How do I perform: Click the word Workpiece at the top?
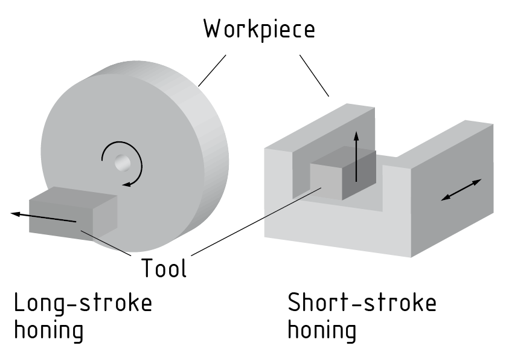[259, 28]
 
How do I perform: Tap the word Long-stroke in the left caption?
[83, 303]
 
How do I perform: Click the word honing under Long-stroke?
[48, 330]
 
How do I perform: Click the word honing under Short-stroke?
[322, 330]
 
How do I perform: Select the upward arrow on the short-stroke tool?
[356, 155]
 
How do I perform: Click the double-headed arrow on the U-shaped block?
[461, 190]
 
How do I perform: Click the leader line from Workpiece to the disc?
[211, 70]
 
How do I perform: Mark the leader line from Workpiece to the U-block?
[314, 76]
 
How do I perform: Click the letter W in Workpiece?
[212, 28]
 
